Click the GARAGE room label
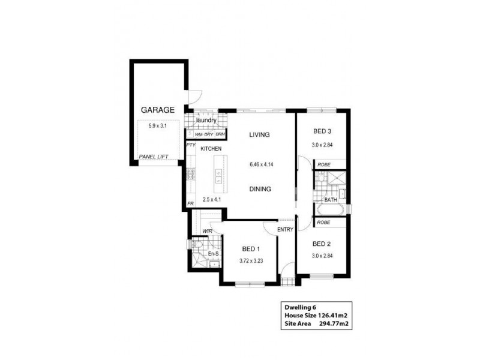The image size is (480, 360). point(157,110)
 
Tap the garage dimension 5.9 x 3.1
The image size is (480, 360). point(157,126)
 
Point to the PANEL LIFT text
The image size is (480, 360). point(153,157)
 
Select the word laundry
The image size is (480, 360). point(205,121)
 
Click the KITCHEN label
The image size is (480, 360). point(211,149)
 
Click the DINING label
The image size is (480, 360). point(260,189)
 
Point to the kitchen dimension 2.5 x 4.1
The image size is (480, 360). point(212,200)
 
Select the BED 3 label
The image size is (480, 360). point(322,131)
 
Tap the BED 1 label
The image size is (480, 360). point(251,249)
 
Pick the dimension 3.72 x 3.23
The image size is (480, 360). point(251,261)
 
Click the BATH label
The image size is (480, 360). point(331,200)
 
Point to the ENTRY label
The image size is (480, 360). point(285,229)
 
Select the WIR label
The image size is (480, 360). point(208,230)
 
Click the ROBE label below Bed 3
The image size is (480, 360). point(324,164)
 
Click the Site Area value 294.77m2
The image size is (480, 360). point(337,324)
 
